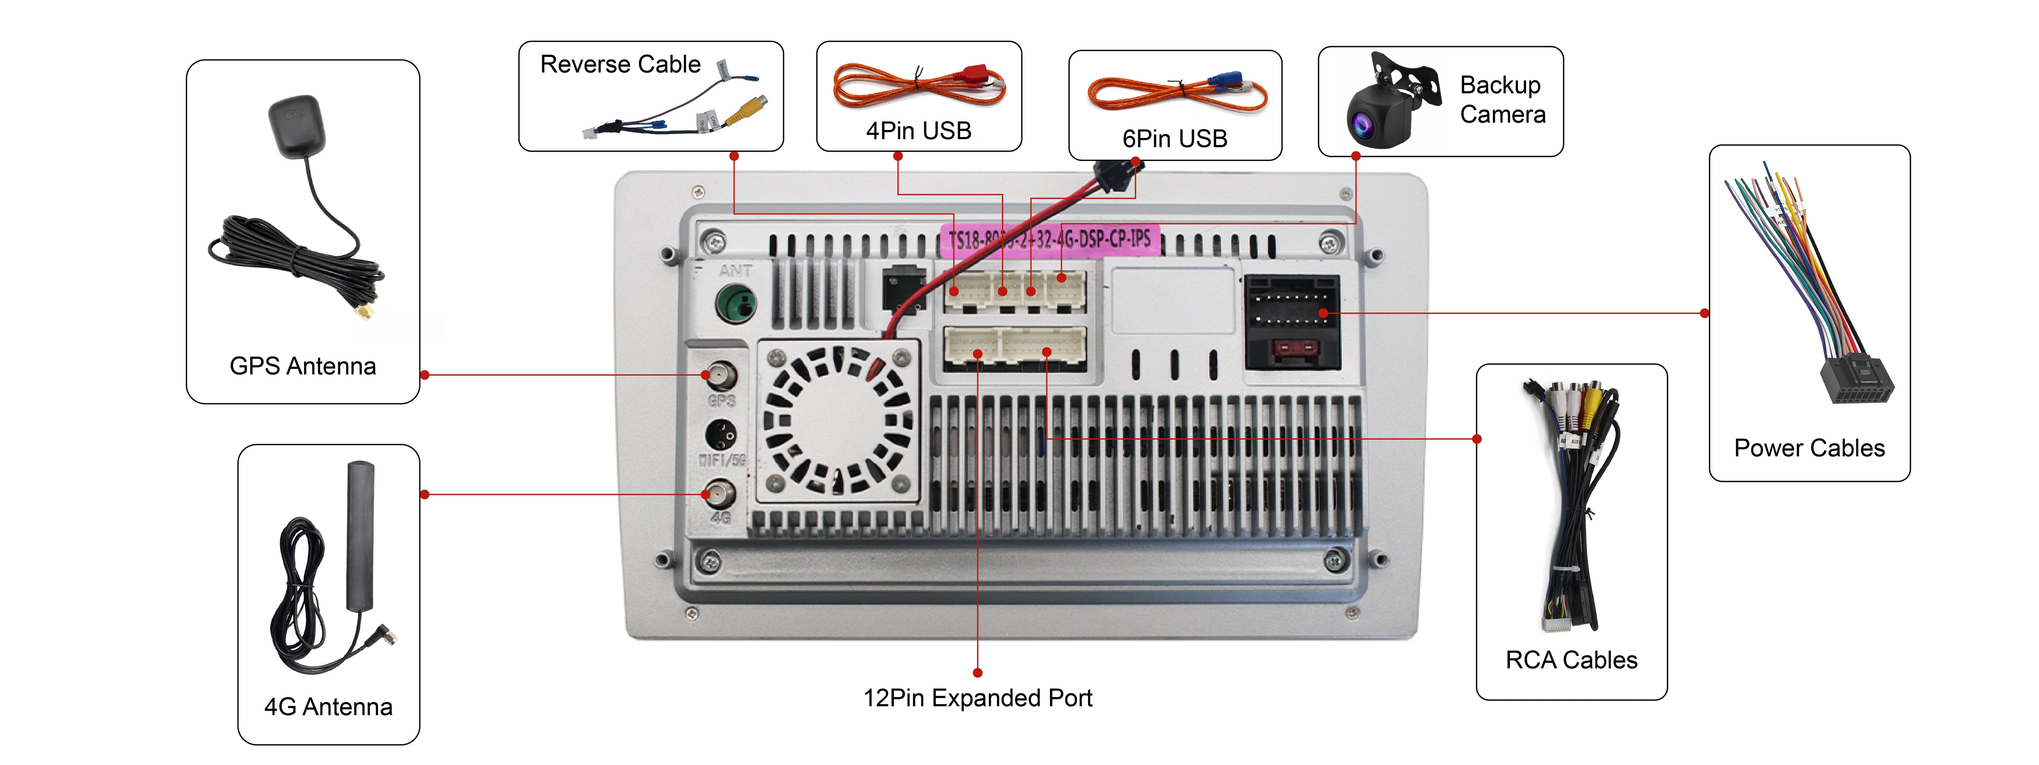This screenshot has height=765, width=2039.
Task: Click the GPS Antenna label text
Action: pyautogui.click(x=302, y=366)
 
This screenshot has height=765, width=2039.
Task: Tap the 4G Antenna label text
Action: pyautogui.click(x=328, y=706)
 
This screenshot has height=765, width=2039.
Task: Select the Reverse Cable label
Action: pyautogui.click(x=620, y=64)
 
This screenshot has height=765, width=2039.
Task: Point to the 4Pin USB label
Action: pyautogui.click(x=918, y=131)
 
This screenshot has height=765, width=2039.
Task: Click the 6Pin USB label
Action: pyautogui.click(x=1175, y=138)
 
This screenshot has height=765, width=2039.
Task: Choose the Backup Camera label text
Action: pyautogui.click(x=1502, y=100)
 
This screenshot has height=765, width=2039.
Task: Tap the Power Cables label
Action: pyautogui.click(x=1809, y=448)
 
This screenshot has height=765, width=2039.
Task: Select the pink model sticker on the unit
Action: pyautogui.click(x=1050, y=238)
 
